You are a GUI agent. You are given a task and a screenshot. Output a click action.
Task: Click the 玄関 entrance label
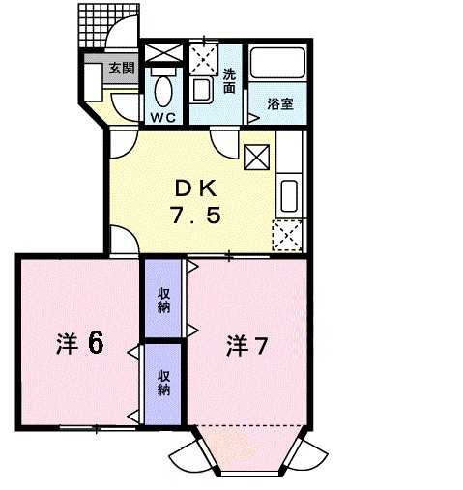pos(120,68)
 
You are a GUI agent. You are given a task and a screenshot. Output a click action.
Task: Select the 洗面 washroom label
pos(229,80)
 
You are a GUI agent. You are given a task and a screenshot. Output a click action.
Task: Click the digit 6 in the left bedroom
pos(95,341)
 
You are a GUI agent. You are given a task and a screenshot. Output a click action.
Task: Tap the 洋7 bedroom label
pos(248,343)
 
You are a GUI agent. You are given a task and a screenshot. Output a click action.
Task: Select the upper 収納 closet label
pos(163,301)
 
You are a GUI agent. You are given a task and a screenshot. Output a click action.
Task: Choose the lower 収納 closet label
pos(163,383)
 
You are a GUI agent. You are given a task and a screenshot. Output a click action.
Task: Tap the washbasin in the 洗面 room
pos(202,91)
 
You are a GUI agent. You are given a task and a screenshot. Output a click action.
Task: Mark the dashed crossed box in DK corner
pos(287,235)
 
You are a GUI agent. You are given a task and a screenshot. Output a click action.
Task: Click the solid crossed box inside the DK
pos(256,156)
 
